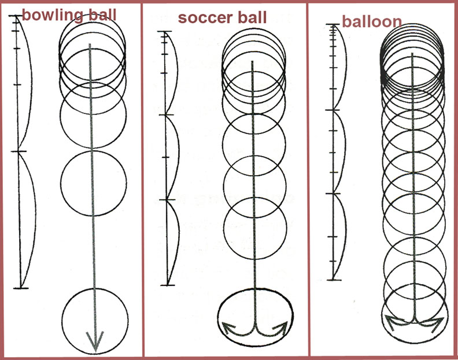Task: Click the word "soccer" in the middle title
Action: click(202, 17)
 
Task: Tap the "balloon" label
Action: click(372, 22)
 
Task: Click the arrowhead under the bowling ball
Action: click(95, 341)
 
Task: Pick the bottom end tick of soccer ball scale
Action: click(167, 284)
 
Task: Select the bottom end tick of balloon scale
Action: click(334, 280)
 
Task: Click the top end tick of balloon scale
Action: click(332, 25)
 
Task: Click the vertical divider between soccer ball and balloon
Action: click(307, 180)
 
